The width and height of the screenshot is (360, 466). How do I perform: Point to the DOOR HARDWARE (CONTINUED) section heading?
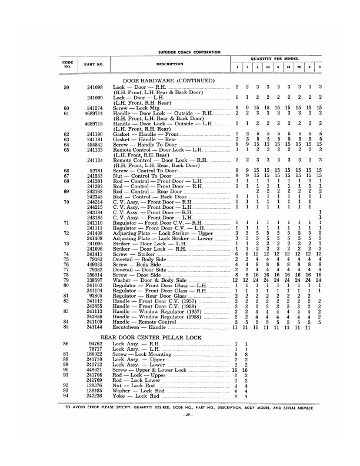click(x=168, y=79)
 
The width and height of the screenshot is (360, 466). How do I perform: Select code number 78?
click(x=66, y=274)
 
